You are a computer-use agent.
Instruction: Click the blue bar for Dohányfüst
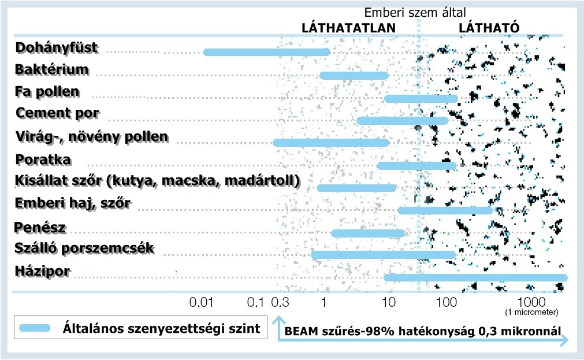[x=267, y=53]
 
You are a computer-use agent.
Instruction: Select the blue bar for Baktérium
[x=354, y=76]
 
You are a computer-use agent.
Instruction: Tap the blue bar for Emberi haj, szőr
[x=445, y=210]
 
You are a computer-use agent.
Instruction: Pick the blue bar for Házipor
[x=476, y=278]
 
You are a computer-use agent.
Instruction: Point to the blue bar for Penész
[x=368, y=233]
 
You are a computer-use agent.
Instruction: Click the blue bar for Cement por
[x=403, y=121]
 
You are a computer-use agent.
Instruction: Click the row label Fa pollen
[x=47, y=92]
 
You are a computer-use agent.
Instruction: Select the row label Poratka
[x=44, y=159]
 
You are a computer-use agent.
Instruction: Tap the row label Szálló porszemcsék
[x=84, y=248]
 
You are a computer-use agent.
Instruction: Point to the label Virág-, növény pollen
[x=92, y=137]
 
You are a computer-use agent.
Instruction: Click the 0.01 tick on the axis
[x=203, y=302]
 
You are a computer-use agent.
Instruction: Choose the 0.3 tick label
[x=280, y=302]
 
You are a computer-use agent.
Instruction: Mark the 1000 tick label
[x=529, y=302]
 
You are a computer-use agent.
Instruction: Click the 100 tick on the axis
[x=446, y=302]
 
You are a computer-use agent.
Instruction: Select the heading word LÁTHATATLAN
[x=349, y=28]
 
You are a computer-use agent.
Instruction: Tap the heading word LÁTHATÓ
[x=489, y=28]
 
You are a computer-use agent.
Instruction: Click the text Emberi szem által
[x=415, y=12]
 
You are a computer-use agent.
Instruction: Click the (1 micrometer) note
[x=531, y=313]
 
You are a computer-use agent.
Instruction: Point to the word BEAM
[x=300, y=332]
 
